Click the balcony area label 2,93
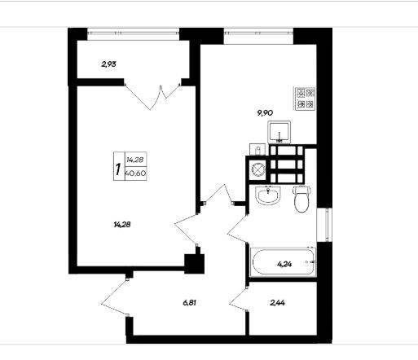[x=108, y=64]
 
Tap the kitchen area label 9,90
[x=265, y=112]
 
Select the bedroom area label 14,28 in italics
[x=122, y=225]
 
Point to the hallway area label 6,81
[x=190, y=302]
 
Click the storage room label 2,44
[x=278, y=302]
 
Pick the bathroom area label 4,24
[x=284, y=264]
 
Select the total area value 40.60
[x=136, y=173]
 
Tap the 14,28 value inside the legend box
[x=135, y=160]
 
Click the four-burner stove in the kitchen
[x=305, y=99]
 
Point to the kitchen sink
[x=279, y=132]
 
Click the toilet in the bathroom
[x=301, y=199]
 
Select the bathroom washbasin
[x=268, y=195]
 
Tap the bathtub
[x=283, y=261]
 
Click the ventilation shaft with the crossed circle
[x=257, y=169]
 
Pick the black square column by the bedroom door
[x=194, y=264]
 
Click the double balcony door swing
[x=152, y=97]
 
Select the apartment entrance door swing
[x=114, y=298]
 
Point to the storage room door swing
[x=238, y=301]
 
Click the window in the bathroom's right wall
[x=324, y=225]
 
